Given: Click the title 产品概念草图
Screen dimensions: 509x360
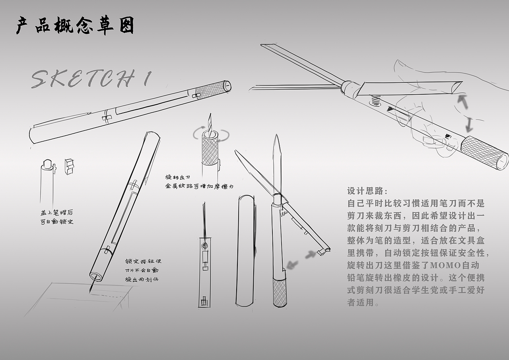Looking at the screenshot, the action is click(75, 26).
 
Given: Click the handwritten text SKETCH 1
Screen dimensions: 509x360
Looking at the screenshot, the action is click(91, 79).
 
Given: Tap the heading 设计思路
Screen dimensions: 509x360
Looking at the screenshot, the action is click(367, 191).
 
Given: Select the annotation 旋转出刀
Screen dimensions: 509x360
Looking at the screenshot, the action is click(177, 177).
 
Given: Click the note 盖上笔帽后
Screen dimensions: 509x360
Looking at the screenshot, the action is click(57, 213).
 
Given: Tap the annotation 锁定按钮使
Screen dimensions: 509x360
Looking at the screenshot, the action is click(143, 261).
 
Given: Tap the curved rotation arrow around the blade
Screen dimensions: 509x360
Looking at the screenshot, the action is click(211, 134).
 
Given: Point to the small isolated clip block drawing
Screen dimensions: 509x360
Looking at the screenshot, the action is click(69, 167).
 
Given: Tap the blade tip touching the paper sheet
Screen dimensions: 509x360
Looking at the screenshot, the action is click(91, 291).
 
